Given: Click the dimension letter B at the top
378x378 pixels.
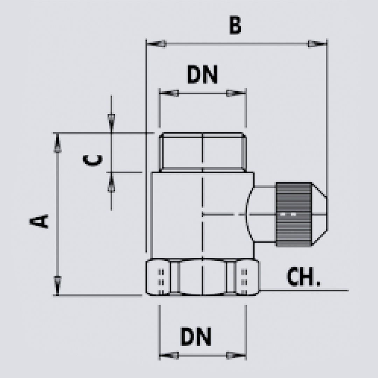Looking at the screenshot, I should [235, 26].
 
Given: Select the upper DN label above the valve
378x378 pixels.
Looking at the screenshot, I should [202, 75].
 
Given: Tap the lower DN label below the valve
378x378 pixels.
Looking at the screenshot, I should [196, 336].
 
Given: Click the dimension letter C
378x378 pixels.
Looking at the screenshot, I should [93, 160].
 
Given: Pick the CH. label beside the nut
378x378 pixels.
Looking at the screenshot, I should [303, 277].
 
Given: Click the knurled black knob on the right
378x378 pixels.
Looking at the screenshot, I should [293, 214].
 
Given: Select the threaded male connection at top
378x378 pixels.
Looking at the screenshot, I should [203, 152].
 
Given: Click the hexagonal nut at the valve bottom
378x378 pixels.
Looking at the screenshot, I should [203, 277].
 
